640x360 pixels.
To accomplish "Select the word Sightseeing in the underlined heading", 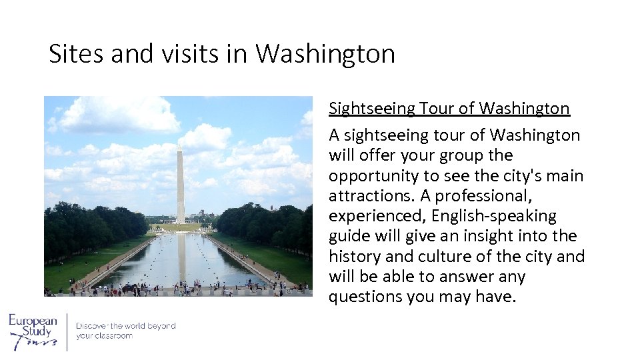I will (371, 109).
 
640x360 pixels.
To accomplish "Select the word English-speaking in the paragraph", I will (493, 217).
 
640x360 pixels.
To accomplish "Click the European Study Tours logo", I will (33, 331).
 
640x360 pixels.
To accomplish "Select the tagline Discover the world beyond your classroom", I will (125, 331).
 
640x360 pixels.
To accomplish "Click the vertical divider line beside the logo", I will (67, 331).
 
